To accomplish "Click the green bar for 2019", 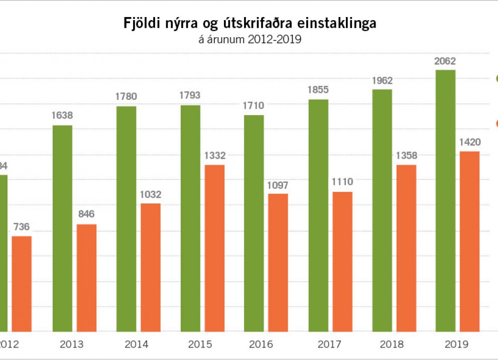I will tap(445, 201).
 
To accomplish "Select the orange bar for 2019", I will tap(470, 242).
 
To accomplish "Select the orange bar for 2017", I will tap(342, 262).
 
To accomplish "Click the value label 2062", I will tap(445, 62).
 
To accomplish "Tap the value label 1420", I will tap(470, 143).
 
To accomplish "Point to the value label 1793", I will tap(190, 95).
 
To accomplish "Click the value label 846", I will tap(86, 214).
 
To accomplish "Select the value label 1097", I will tap(278, 184).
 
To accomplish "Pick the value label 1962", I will tap(382, 80).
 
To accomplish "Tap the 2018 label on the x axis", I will tap(393, 344).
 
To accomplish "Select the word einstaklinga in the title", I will tap(341, 24).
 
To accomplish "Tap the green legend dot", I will tap(496, 78).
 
